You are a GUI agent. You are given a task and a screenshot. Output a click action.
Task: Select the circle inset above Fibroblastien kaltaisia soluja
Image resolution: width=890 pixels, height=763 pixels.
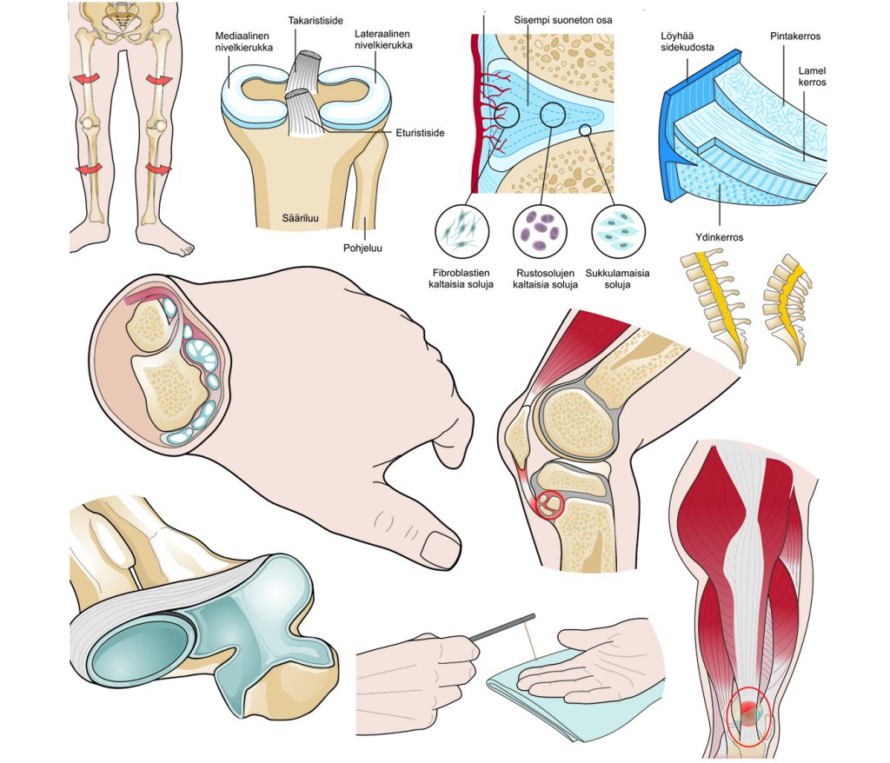[x=462, y=232]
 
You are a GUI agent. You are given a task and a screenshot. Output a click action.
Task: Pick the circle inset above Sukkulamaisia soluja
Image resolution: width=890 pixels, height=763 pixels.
[x=618, y=230]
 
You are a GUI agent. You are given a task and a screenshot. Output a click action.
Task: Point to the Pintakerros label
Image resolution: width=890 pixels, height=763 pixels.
[x=794, y=36]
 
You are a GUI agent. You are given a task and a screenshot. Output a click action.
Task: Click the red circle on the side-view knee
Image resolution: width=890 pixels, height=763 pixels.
[x=549, y=503]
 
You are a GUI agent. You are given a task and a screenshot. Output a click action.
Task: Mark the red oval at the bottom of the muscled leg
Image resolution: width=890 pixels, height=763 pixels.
[x=747, y=716]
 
